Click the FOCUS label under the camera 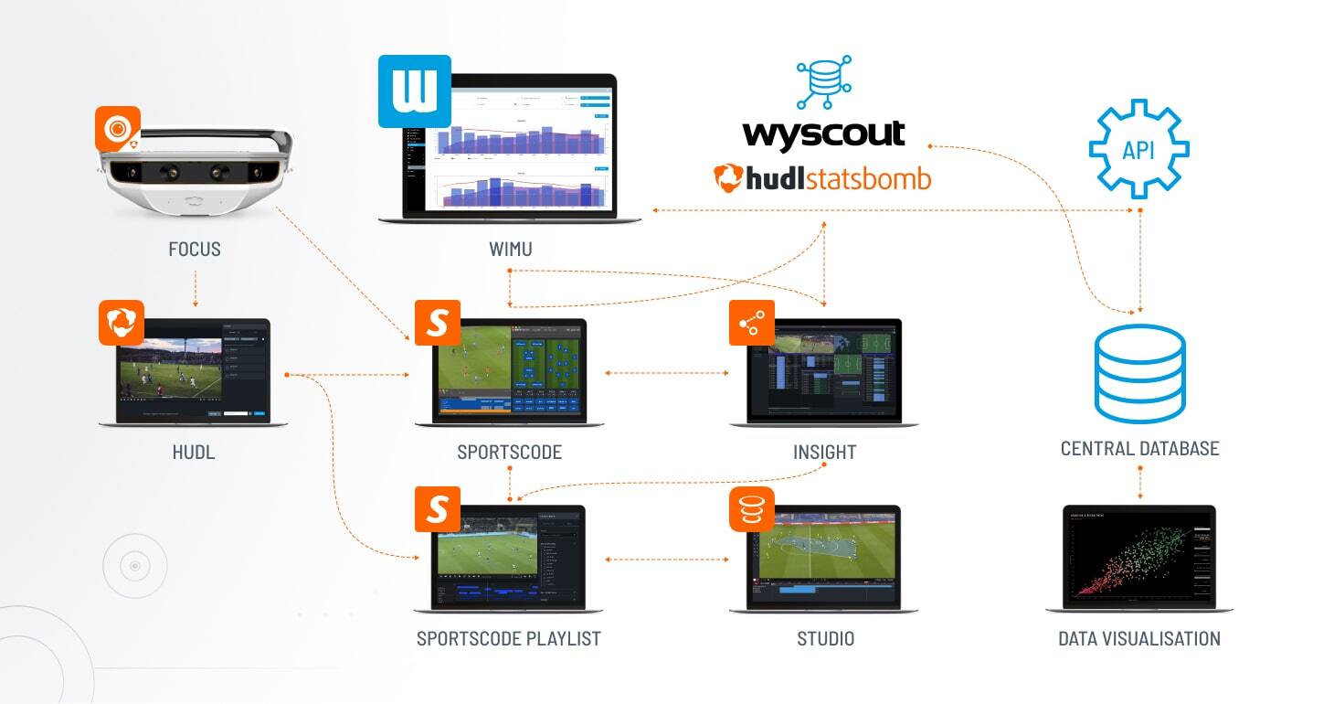195,249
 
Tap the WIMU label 511,249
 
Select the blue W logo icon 415,91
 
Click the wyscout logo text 823,133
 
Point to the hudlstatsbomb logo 822,177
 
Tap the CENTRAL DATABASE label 1139,449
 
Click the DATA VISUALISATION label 1138,638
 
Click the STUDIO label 825,638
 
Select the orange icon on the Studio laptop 752,509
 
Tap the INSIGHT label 824,452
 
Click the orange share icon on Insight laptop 752,323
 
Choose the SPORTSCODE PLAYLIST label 509,638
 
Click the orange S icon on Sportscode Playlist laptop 438,509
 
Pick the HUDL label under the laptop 193,452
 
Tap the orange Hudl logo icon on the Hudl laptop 121,323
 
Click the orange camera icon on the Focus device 118,129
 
